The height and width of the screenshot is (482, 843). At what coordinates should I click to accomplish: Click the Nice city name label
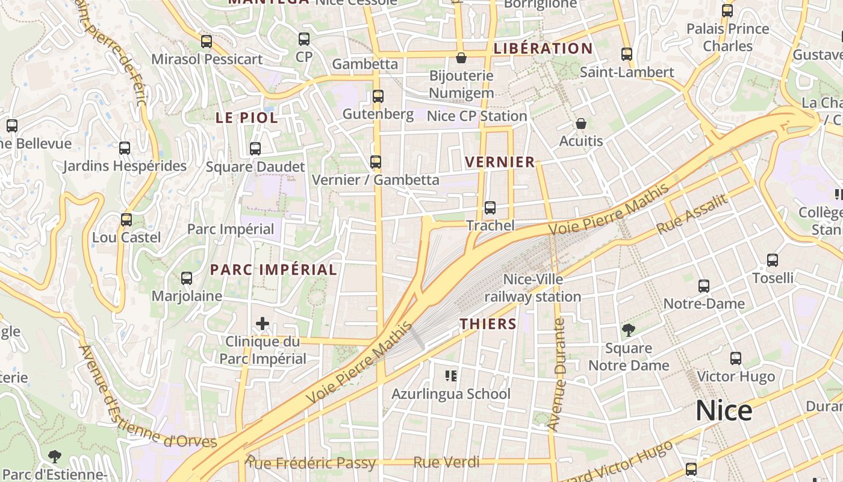coord(724,411)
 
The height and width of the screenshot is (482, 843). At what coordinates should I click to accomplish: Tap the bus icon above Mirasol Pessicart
coord(207,42)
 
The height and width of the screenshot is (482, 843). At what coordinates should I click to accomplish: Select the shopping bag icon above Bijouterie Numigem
coord(461,58)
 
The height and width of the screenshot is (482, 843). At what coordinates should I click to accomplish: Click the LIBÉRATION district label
coord(543,48)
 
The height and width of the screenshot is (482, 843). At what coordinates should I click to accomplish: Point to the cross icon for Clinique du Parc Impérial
coord(263,324)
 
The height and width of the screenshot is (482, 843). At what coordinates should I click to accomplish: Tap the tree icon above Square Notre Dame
coord(629,330)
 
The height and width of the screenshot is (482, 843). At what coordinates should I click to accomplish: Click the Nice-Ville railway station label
coord(533,288)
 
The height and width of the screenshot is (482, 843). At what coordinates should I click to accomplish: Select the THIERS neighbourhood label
coord(488,324)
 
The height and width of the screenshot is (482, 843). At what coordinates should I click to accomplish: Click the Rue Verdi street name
coord(446,462)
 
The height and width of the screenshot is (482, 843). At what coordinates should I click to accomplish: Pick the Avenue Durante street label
coord(557,375)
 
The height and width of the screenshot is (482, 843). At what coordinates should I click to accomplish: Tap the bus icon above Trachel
coord(490,208)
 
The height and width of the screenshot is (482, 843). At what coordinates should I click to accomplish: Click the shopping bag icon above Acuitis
coord(581,124)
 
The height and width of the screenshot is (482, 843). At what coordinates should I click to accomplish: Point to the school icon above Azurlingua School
coord(451,376)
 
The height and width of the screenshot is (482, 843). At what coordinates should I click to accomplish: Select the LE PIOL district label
coord(247,118)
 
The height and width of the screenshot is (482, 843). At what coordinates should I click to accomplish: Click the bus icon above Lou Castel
coord(126,220)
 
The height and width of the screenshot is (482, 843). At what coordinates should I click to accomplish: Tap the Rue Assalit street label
coord(692,215)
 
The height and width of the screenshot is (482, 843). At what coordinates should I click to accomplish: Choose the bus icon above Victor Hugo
coord(735,358)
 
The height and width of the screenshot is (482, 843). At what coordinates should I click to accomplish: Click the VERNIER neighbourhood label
coord(500,162)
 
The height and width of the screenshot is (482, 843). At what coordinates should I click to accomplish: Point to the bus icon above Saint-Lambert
coord(627,54)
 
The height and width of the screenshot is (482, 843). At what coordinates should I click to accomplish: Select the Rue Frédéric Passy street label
coord(310,463)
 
